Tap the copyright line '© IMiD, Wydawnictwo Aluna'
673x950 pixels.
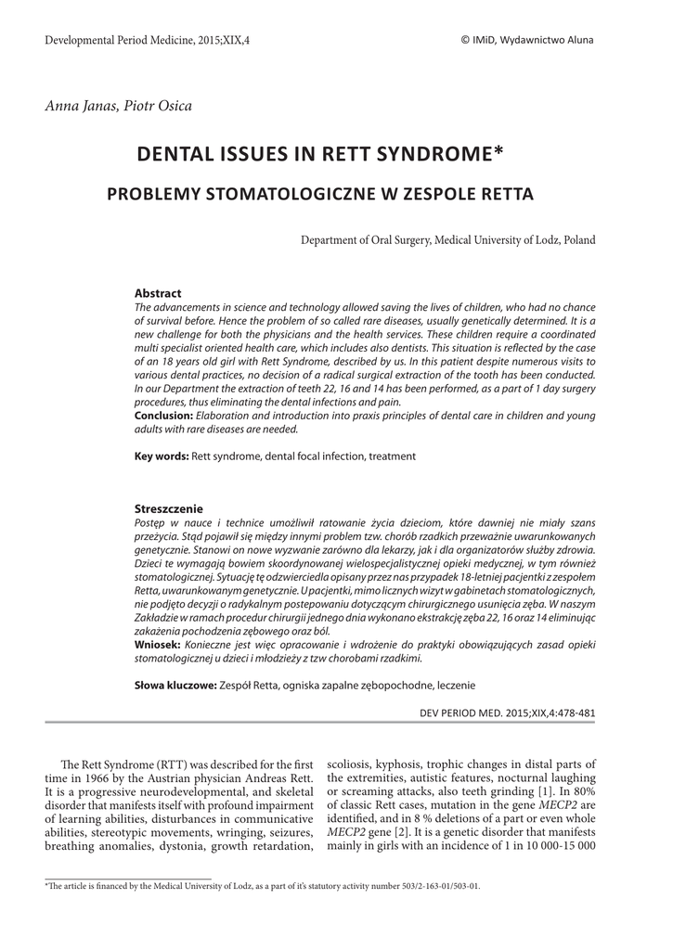click(526, 40)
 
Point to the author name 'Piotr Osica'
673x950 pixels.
click(158, 106)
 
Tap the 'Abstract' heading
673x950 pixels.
click(158, 293)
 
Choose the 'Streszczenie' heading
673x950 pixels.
click(169, 509)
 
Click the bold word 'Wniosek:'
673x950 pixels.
click(159, 644)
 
